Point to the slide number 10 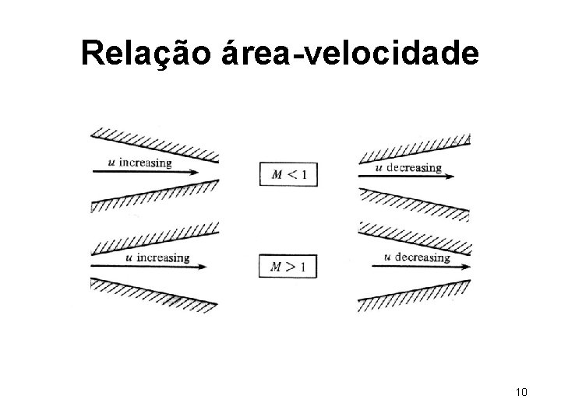[521, 391]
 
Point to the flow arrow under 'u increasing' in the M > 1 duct [148, 268]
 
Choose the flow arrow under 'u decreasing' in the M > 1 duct [421, 267]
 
